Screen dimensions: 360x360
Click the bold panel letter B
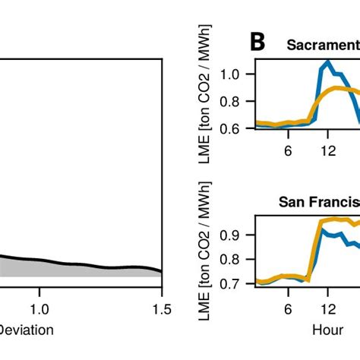tap(257, 43)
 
